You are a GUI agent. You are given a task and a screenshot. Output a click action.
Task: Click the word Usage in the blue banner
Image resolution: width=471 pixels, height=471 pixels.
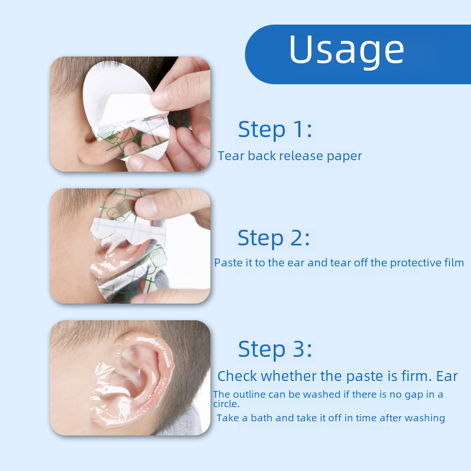click(346, 50)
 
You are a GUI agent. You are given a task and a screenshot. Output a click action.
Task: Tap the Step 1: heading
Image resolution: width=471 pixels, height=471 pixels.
click(275, 129)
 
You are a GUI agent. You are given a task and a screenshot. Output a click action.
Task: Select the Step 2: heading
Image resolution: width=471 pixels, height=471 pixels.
click(273, 238)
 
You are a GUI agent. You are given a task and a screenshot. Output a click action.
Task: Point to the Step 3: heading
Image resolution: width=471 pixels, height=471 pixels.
click(275, 349)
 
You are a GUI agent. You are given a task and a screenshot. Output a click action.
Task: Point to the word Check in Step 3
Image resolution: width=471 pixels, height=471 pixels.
click(237, 376)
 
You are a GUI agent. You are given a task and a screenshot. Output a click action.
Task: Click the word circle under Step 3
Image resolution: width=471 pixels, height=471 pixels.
click(226, 404)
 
